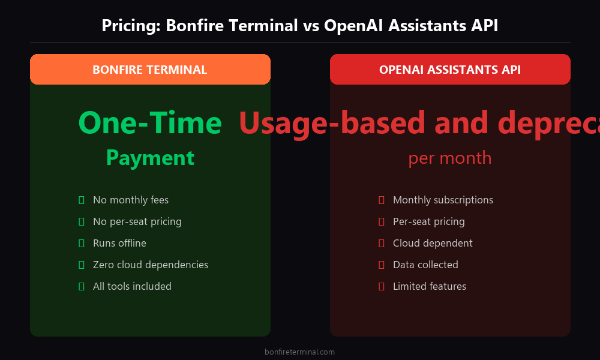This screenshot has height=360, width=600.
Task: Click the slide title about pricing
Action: tap(299, 26)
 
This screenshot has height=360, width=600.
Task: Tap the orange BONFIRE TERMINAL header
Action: tap(150, 70)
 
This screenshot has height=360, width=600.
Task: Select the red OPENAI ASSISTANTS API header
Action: tap(450, 70)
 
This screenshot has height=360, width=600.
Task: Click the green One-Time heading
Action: tap(150, 123)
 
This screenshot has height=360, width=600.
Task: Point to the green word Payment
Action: tap(150, 158)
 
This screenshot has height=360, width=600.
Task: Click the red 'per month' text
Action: tap(450, 158)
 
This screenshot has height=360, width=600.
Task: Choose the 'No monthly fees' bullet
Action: tap(131, 200)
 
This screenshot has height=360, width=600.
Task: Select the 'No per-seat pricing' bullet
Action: tap(137, 221)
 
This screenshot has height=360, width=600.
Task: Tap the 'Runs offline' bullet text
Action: tap(119, 243)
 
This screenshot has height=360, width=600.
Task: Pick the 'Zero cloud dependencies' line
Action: tap(151, 265)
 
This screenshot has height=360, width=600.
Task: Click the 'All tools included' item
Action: tap(132, 286)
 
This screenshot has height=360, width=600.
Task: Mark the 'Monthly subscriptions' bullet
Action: tap(443, 200)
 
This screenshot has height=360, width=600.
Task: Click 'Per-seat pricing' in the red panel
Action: tap(429, 221)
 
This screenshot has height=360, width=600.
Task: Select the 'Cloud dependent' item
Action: tap(433, 243)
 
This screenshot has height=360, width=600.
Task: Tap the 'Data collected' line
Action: tap(425, 265)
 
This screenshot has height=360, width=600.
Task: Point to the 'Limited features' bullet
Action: tap(430, 286)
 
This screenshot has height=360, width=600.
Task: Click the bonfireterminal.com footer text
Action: tap(299, 352)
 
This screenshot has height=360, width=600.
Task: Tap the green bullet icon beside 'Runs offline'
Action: tap(81, 243)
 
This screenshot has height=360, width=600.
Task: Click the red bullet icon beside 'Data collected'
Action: tap(381, 265)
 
